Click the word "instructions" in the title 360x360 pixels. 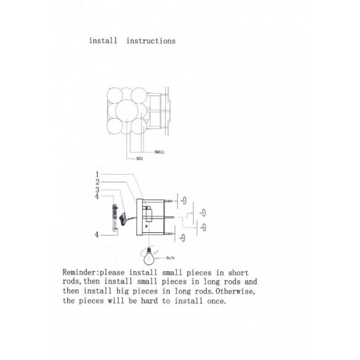pyautogui.click(x=151, y=41)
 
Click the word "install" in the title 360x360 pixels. pyautogui.click(x=103, y=41)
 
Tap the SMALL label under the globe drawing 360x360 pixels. pyautogui.click(x=160, y=152)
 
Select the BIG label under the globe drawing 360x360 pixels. pyautogui.click(x=140, y=158)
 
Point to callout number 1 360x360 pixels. pyautogui.click(x=97, y=175)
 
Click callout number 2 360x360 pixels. pyautogui.click(x=98, y=182)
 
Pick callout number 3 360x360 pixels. pyautogui.click(x=97, y=190)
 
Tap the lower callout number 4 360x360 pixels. pyautogui.click(x=97, y=235)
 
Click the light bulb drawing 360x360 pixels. pyautogui.click(x=149, y=256)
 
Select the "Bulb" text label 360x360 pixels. pyautogui.click(x=170, y=258)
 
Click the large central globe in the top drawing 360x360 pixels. pyautogui.click(x=127, y=110)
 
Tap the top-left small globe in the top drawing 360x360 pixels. pyautogui.click(x=115, y=95)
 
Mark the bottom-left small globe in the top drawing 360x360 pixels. pyautogui.click(x=115, y=126)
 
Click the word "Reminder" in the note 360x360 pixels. pyautogui.click(x=79, y=272)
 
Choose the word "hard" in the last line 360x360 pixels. pyautogui.click(x=149, y=301)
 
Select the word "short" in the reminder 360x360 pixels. pyautogui.click(x=238, y=272)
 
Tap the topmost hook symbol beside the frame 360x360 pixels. pyautogui.click(x=184, y=200)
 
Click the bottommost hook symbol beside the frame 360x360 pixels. pyautogui.click(x=182, y=238)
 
